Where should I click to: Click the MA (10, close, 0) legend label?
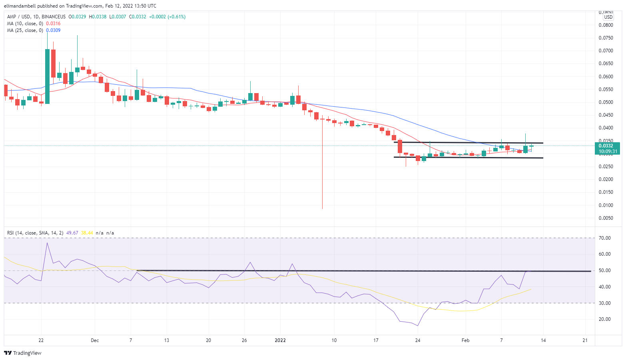click(25, 24)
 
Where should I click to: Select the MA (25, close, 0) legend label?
click(25, 30)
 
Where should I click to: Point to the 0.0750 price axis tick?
click(606, 38)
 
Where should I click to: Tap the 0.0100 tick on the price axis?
click(606, 205)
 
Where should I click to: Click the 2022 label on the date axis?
click(280, 340)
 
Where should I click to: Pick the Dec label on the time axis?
click(95, 340)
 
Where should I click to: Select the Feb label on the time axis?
click(465, 340)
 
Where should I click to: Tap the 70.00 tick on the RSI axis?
click(605, 238)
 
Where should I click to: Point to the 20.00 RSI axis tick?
click(605, 319)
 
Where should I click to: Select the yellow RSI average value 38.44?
click(87, 233)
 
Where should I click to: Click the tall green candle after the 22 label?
click(47, 76)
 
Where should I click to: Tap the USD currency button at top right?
click(608, 17)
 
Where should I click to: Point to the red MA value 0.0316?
click(54, 24)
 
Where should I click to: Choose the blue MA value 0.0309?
click(54, 30)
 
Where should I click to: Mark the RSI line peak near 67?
click(47, 243)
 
